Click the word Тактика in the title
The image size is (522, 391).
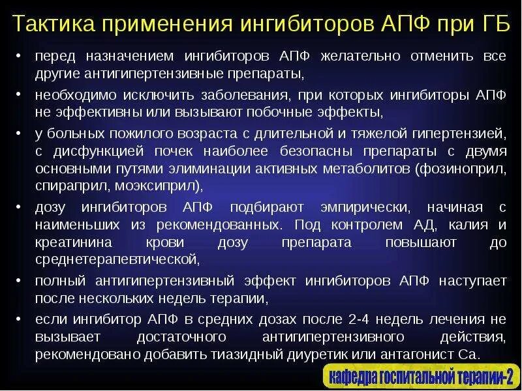(x=54, y=24)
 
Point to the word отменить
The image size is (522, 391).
(x=446, y=57)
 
